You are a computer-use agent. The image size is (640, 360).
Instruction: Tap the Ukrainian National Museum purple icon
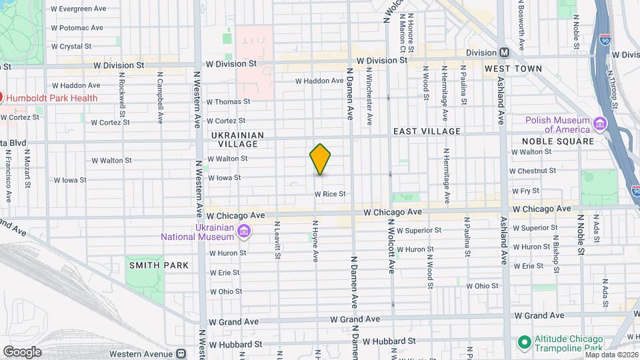click(x=244, y=231)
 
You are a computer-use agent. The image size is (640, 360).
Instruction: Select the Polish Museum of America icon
click(x=599, y=124)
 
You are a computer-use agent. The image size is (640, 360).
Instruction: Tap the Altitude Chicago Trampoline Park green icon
click(x=525, y=343)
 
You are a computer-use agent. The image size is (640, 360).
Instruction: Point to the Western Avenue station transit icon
click(x=179, y=354)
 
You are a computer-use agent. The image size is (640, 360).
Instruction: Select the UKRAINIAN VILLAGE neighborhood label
click(x=238, y=139)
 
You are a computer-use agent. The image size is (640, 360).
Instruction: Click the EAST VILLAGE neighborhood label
click(x=427, y=132)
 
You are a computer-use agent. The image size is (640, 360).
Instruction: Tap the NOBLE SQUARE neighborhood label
click(x=557, y=141)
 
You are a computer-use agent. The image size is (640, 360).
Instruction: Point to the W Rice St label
click(x=330, y=194)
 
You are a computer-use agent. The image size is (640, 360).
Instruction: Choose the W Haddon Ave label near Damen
click(x=319, y=81)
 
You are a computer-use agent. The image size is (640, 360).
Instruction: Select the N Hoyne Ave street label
click(x=315, y=241)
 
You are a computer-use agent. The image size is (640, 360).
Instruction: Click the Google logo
click(x=22, y=351)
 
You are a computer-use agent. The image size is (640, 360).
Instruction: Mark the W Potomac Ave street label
click(x=77, y=28)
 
